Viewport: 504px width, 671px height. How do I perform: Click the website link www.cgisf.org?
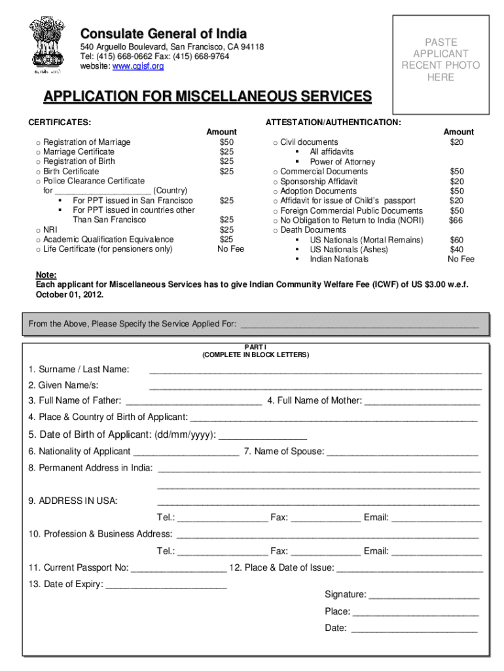(138, 66)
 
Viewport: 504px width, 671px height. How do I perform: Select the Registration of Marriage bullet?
(39, 142)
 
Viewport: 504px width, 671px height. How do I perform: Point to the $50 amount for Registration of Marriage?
(226, 142)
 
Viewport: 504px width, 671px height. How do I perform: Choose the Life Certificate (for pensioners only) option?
(108, 249)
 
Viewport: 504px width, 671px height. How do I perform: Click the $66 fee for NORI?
(456, 220)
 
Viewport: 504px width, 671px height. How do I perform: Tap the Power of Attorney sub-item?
(342, 162)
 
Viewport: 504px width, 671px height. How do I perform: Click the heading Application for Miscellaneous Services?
(207, 97)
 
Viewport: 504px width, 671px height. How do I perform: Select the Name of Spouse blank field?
(403, 452)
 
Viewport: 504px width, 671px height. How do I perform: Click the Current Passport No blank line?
(179, 568)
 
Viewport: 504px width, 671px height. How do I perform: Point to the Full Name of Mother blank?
(422, 401)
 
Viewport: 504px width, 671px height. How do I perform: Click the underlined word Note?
(46, 275)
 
